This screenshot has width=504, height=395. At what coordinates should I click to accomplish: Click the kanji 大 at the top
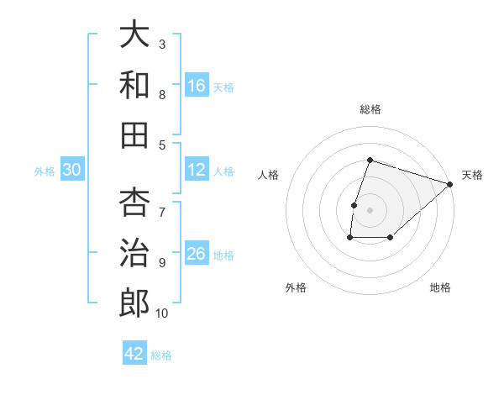(134, 36)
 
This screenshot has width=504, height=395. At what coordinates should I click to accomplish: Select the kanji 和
(134, 86)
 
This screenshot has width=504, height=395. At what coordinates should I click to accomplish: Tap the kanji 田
(134, 135)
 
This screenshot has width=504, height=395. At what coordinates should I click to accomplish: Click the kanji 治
(134, 252)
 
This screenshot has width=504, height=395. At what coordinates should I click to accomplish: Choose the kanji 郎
(134, 303)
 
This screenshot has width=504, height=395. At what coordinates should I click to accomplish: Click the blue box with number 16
(197, 86)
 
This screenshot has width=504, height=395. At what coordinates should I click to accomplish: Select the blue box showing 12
(197, 170)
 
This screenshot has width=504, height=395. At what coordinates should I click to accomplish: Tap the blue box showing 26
(197, 254)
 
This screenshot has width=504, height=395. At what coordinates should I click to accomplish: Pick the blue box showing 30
(71, 170)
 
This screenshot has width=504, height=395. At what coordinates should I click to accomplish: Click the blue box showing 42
(134, 354)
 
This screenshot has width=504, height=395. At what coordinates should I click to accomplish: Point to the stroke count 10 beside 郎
(162, 313)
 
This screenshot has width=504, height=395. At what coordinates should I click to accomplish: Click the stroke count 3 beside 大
(162, 44)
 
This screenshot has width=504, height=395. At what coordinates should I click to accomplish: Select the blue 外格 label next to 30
(45, 171)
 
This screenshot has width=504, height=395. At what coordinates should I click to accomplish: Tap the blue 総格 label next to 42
(162, 355)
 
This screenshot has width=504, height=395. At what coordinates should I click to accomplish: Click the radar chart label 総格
(370, 109)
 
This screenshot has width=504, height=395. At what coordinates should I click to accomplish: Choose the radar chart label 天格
(472, 175)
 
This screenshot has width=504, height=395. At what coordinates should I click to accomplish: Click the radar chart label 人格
(269, 175)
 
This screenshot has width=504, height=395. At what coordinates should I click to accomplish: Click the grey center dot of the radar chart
(370, 210)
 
